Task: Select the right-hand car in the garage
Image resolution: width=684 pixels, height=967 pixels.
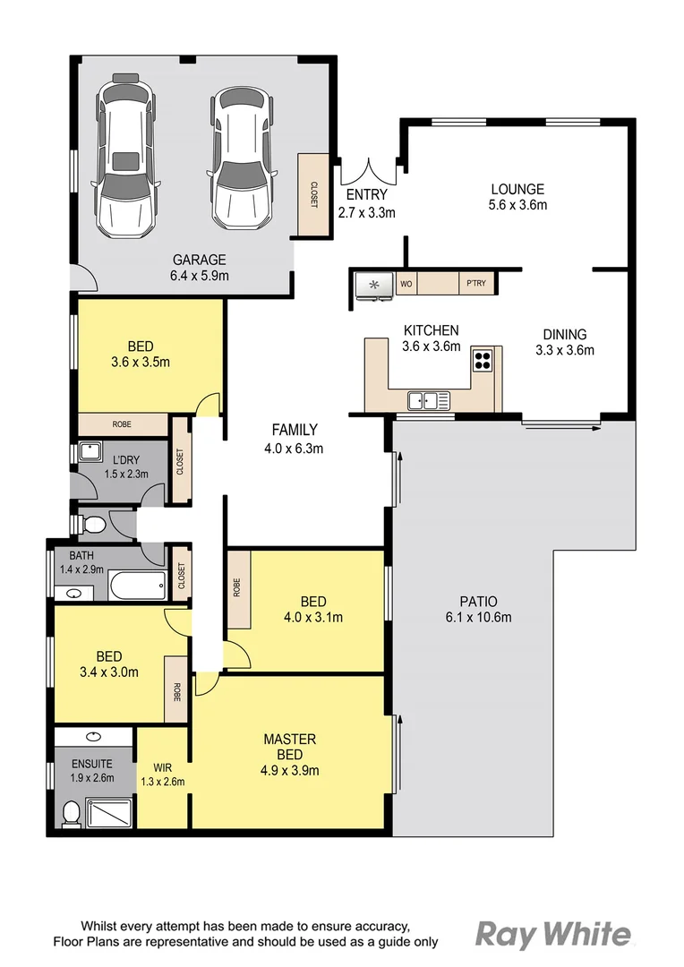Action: pyautogui.click(x=241, y=158)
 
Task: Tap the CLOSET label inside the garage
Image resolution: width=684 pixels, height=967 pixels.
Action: pyautogui.click(x=313, y=196)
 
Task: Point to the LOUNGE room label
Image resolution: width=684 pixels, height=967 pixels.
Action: pyautogui.click(x=517, y=189)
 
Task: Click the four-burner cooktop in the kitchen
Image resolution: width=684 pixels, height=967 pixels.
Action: pyautogui.click(x=483, y=360)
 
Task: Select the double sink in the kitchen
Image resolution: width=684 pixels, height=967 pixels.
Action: pyautogui.click(x=427, y=399)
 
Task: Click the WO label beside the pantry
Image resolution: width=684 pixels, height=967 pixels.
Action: pyautogui.click(x=406, y=285)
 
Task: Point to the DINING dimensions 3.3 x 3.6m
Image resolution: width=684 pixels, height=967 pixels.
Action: pyautogui.click(x=564, y=350)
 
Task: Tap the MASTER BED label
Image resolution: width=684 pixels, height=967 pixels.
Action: pyautogui.click(x=289, y=747)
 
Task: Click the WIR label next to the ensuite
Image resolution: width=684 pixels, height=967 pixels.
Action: pyautogui.click(x=162, y=766)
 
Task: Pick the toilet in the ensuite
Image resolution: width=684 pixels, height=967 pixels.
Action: pyautogui.click(x=71, y=813)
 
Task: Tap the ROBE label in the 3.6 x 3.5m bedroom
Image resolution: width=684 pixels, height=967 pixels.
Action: pyautogui.click(x=123, y=424)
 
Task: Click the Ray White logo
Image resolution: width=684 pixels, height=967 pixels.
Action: pyautogui.click(x=552, y=935)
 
